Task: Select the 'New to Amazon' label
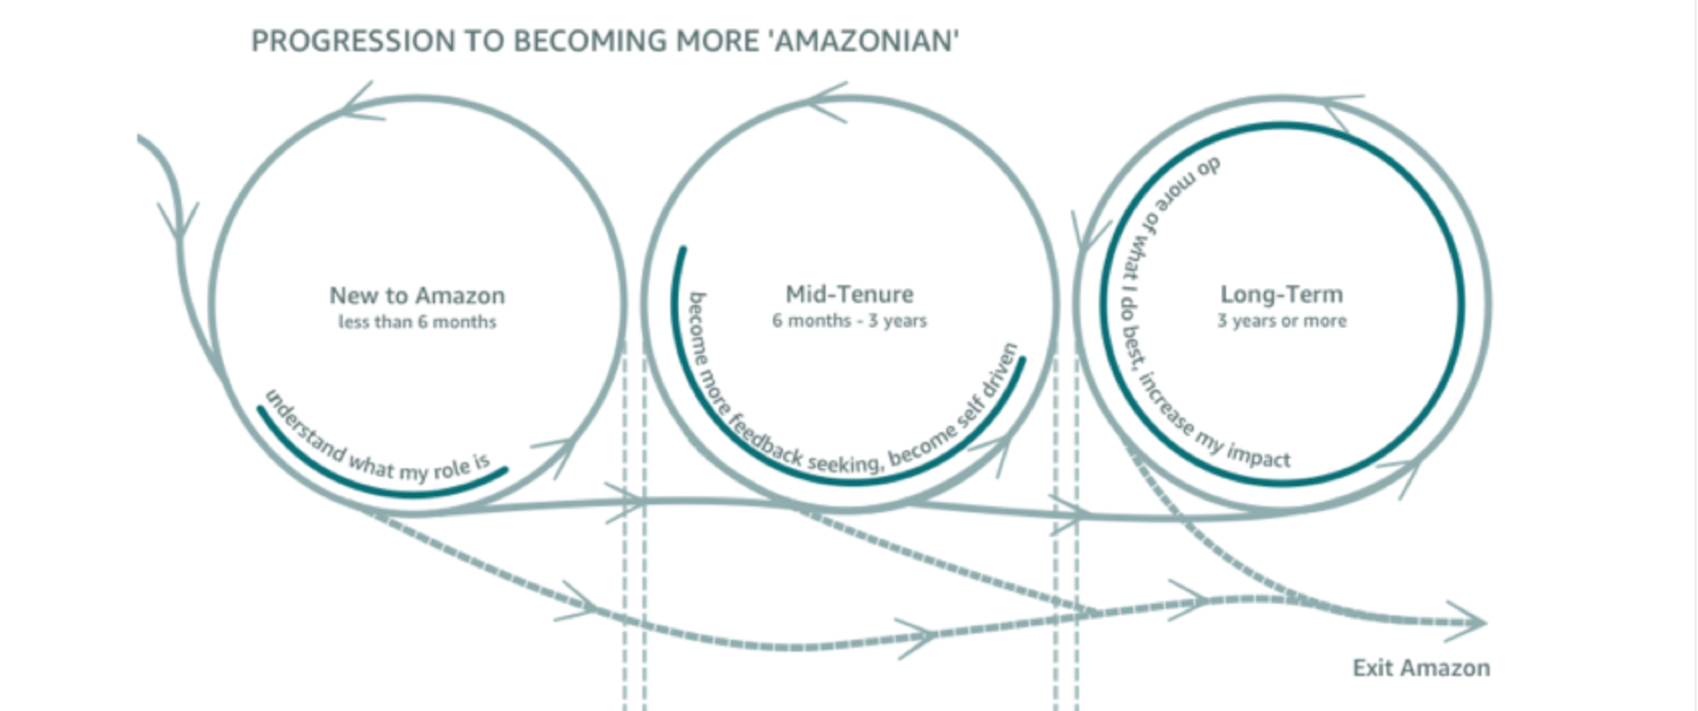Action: pos(417,295)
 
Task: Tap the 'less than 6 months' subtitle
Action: pos(417,322)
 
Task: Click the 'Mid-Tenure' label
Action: pos(849,294)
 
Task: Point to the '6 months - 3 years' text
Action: pos(849,320)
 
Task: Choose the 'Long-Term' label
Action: pos(1281,294)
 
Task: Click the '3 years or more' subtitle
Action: pos(1281,320)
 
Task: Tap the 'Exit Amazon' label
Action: pos(1421,668)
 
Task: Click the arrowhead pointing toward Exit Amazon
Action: pos(1472,622)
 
